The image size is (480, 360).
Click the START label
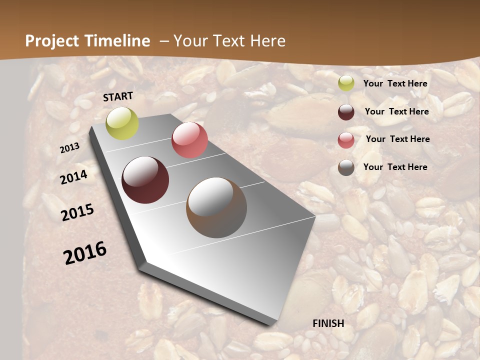[x=118, y=96]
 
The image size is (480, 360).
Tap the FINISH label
[x=328, y=323]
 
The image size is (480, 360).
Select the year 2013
[x=69, y=148]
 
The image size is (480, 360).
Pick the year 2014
[x=73, y=177]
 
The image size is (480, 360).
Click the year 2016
[x=85, y=253]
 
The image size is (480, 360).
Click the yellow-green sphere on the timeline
[x=122, y=123]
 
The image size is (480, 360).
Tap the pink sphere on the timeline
[x=189, y=140]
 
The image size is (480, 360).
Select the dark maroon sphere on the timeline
[x=145, y=180]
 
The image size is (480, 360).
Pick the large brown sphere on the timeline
[x=216, y=207]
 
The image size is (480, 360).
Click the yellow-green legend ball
[x=346, y=83]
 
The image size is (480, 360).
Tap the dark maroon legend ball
[x=346, y=112]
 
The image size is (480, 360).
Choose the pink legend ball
[x=346, y=140]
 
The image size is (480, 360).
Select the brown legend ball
[x=346, y=167]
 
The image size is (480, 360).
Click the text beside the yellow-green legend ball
[x=395, y=83]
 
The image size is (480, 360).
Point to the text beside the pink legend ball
[x=397, y=139]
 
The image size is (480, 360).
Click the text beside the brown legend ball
[x=395, y=167]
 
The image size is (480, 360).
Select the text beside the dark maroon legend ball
[x=396, y=111]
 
